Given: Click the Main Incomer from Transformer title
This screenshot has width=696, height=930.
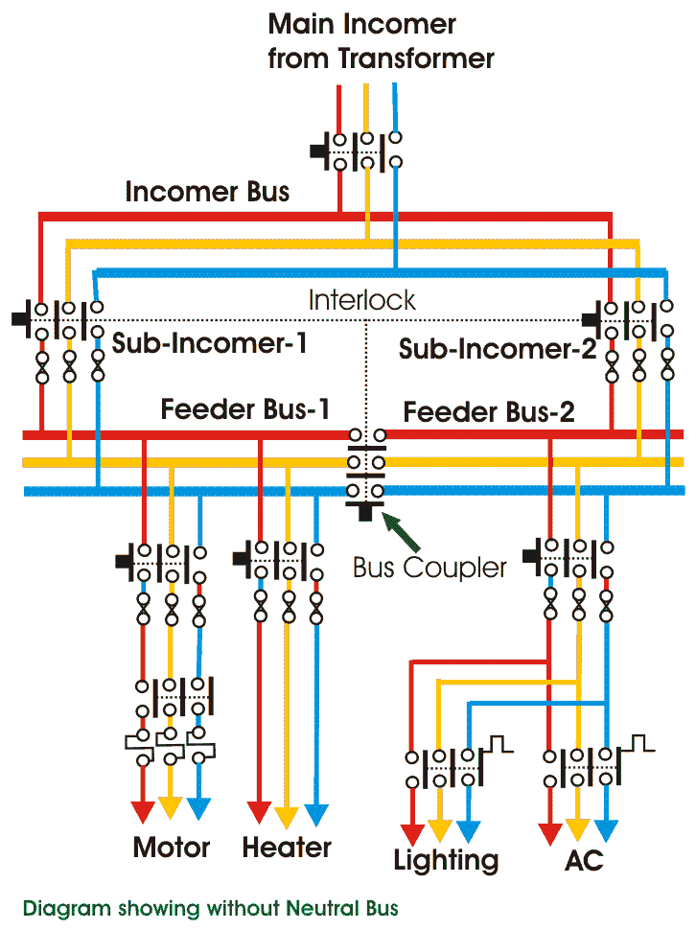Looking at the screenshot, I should [381, 40].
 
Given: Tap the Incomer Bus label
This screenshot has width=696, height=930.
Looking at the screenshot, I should [207, 192].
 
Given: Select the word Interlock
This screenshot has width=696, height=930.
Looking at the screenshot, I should [361, 299].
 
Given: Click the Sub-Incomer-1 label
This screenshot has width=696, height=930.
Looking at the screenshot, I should [210, 343].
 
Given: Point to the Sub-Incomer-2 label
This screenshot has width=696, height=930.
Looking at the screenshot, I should [497, 348].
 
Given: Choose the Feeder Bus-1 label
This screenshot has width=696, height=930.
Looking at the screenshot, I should [245, 409].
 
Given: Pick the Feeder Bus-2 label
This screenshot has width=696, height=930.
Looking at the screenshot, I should [489, 412].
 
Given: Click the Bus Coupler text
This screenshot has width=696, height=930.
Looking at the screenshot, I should [429, 567].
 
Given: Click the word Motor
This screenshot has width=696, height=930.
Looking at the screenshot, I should [172, 848].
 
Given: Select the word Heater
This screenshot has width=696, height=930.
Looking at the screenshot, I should [287, 848].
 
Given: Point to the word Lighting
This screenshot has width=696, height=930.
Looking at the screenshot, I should [446, 860].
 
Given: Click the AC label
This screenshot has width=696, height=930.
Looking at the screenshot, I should [584, 860].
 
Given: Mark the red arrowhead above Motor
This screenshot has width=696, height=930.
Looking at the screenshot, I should [143, 811].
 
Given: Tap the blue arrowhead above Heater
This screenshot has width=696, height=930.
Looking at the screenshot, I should [315, 815].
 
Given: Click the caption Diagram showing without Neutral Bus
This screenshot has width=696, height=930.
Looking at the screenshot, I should [210, 907].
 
